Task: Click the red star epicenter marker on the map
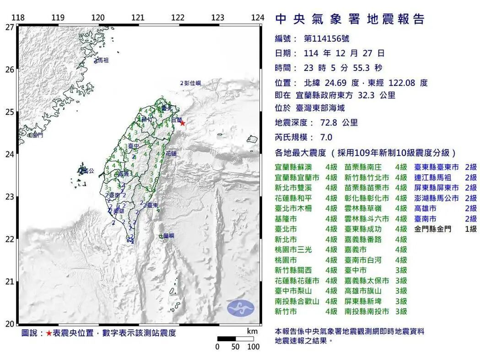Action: point(182,123)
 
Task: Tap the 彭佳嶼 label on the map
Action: point(192,83)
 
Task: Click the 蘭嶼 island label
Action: point(169,236)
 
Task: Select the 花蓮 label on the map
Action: point(171,154)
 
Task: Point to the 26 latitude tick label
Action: point(9,70)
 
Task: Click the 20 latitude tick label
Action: point(9,324)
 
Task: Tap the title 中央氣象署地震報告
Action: point(350,19)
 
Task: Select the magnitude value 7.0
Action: point(326,137)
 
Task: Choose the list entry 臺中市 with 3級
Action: point(356,270)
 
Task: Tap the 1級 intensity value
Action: point(470,229)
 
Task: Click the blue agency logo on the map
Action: point(240,308)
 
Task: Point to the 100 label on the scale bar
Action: point(253,347)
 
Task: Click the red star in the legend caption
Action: point(49,333)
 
